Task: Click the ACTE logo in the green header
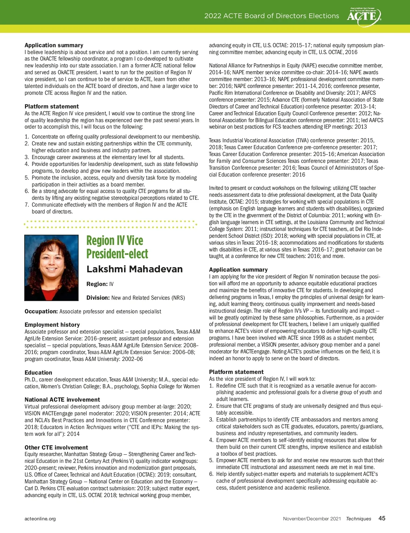[x=364, y=16]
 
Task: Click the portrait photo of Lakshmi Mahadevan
[x=51, y=268]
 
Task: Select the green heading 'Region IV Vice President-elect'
[x=117, y=247]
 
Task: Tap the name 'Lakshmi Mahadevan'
[x=135, y=269]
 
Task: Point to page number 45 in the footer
[x=382, y=518]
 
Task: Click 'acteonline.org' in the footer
[x=40, y=519]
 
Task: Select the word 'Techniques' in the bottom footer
[x=358, y=519]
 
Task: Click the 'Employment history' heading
[x=52, y=325]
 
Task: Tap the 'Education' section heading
[x=38, y=373]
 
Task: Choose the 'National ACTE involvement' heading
[x=62, y=400]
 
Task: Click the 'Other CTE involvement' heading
[x=56, y=447]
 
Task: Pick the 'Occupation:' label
[x=41, y=311]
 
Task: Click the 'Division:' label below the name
[x=98, y=298]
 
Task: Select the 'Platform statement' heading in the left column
[x=52, y=106]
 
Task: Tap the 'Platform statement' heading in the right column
[x=236, y=372]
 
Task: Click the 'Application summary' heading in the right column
[x=238, y=270]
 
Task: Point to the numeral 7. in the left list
[x=27, y=205]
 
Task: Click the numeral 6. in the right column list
[x=211, y=474]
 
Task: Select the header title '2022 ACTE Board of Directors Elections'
[x=272, y=16]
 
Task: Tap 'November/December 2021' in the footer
[x=312, y=519]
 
